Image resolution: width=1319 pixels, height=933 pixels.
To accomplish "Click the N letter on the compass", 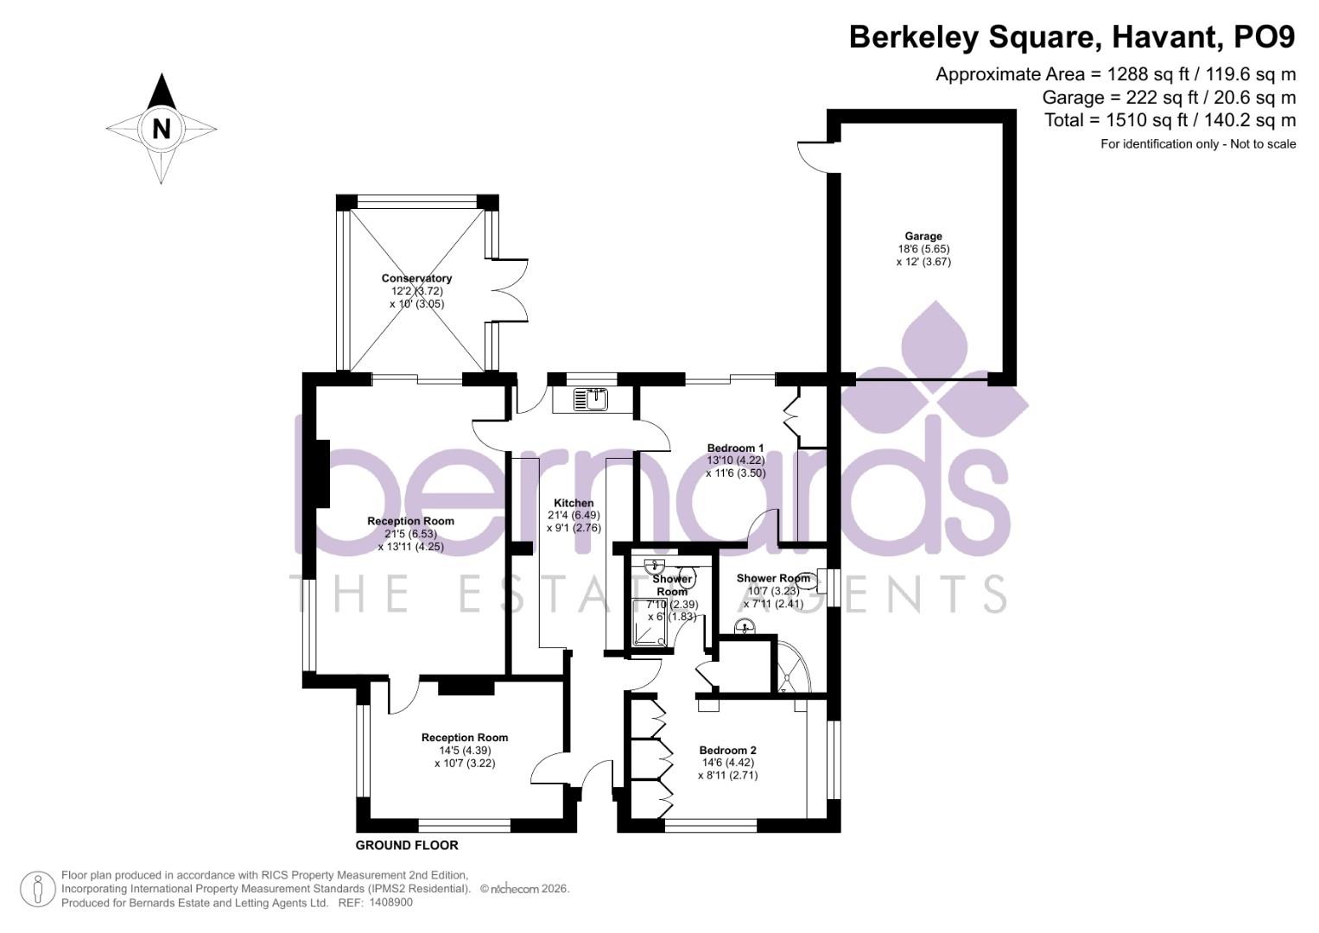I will (161, 129).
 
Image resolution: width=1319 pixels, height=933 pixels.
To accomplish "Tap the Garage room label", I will (923, 236).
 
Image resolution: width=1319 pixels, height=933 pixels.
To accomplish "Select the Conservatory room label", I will (416, 278).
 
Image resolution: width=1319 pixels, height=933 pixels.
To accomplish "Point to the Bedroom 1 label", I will (735, 447).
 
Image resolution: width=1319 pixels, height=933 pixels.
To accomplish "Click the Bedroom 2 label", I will (727, 750).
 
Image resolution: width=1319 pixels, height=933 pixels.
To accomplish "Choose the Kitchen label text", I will (574, 503).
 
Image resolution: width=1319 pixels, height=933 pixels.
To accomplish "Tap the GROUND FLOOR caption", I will (407, 845).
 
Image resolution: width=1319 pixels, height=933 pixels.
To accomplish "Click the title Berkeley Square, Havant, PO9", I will (1072, 37).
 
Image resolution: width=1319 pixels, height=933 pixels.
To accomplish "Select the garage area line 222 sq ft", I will (1169, 97).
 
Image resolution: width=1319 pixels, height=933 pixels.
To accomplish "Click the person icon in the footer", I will (37, 889).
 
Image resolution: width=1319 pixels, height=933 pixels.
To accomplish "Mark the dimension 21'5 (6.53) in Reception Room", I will (410, 534).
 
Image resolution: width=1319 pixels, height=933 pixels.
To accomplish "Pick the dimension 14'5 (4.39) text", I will (465, 750).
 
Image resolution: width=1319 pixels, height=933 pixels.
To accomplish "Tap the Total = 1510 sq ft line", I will (1170, 120).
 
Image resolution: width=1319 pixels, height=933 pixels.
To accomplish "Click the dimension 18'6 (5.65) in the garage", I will (923, 249).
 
